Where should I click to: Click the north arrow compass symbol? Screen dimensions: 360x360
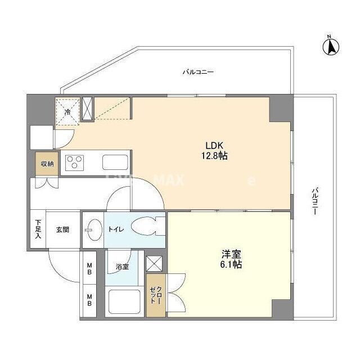click(x=331, y=46)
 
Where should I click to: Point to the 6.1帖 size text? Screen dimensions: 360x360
click(x=231, y=264)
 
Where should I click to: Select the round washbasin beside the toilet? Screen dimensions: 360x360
click(x=92, y=229)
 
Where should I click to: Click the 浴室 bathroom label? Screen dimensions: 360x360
click(x=122, y=266)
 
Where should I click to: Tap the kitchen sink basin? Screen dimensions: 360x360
click(x=115, y=163)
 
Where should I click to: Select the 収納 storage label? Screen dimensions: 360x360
click(x=47, y=164)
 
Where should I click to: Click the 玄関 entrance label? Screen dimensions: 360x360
click(x=62, y=229)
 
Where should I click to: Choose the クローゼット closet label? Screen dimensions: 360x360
click(x=155, y=294)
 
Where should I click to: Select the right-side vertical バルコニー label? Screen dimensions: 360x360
click(x=315, y=203)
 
